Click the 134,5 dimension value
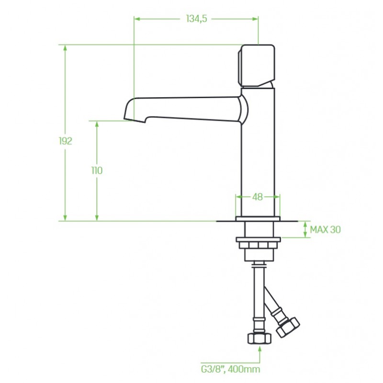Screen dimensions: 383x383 196,19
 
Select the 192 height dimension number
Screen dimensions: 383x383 66,141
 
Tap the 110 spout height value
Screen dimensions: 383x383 97,170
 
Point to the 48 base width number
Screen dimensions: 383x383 257,197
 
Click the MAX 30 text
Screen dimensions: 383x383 325,229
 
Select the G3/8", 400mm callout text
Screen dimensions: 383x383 230,369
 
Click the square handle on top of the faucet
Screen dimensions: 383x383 257,66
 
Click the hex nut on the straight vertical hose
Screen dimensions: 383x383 259,338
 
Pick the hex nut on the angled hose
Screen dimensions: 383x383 288,327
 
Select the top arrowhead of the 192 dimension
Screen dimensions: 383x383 65,48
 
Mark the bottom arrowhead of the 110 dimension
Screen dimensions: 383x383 97,218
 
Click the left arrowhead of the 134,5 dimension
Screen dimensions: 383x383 137,19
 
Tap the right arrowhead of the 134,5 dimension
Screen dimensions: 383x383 255,19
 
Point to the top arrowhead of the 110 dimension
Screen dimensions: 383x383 97,124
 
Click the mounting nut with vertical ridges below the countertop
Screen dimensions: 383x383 259,245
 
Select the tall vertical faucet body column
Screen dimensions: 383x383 258,152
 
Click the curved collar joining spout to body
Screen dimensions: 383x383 244,109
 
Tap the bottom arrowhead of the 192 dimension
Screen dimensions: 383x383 65,218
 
